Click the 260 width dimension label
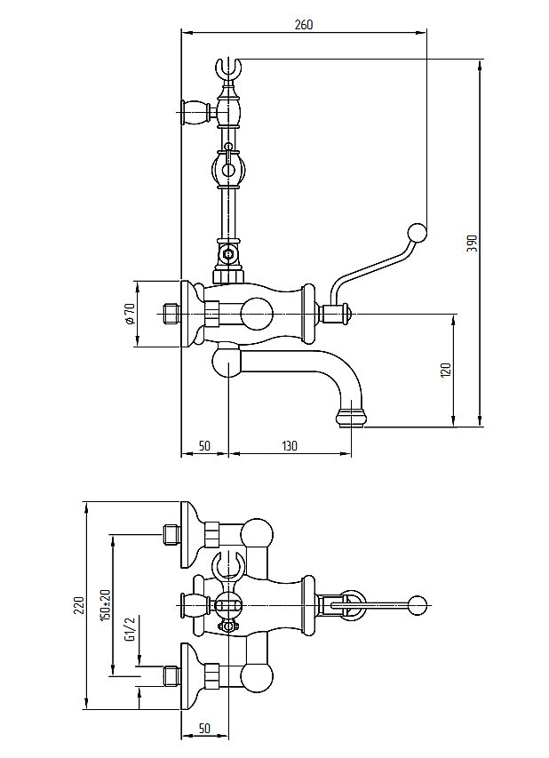(x=303, y=25)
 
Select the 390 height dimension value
(x=472, y=243)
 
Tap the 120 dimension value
(x=446, y=369)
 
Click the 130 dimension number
(x=290, y=446)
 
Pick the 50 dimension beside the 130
(x=204, y=446)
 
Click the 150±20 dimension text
(x=105, y=604)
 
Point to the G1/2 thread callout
(x=130, y=628)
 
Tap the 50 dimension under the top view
(x=204, y=728)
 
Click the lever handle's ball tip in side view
(x=416, y=233)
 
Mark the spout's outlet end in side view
(x=351, y=416)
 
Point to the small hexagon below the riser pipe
(x=229, y=253)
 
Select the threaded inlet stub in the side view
(x=171, y=314)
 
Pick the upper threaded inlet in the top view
(x=172, y=534)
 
